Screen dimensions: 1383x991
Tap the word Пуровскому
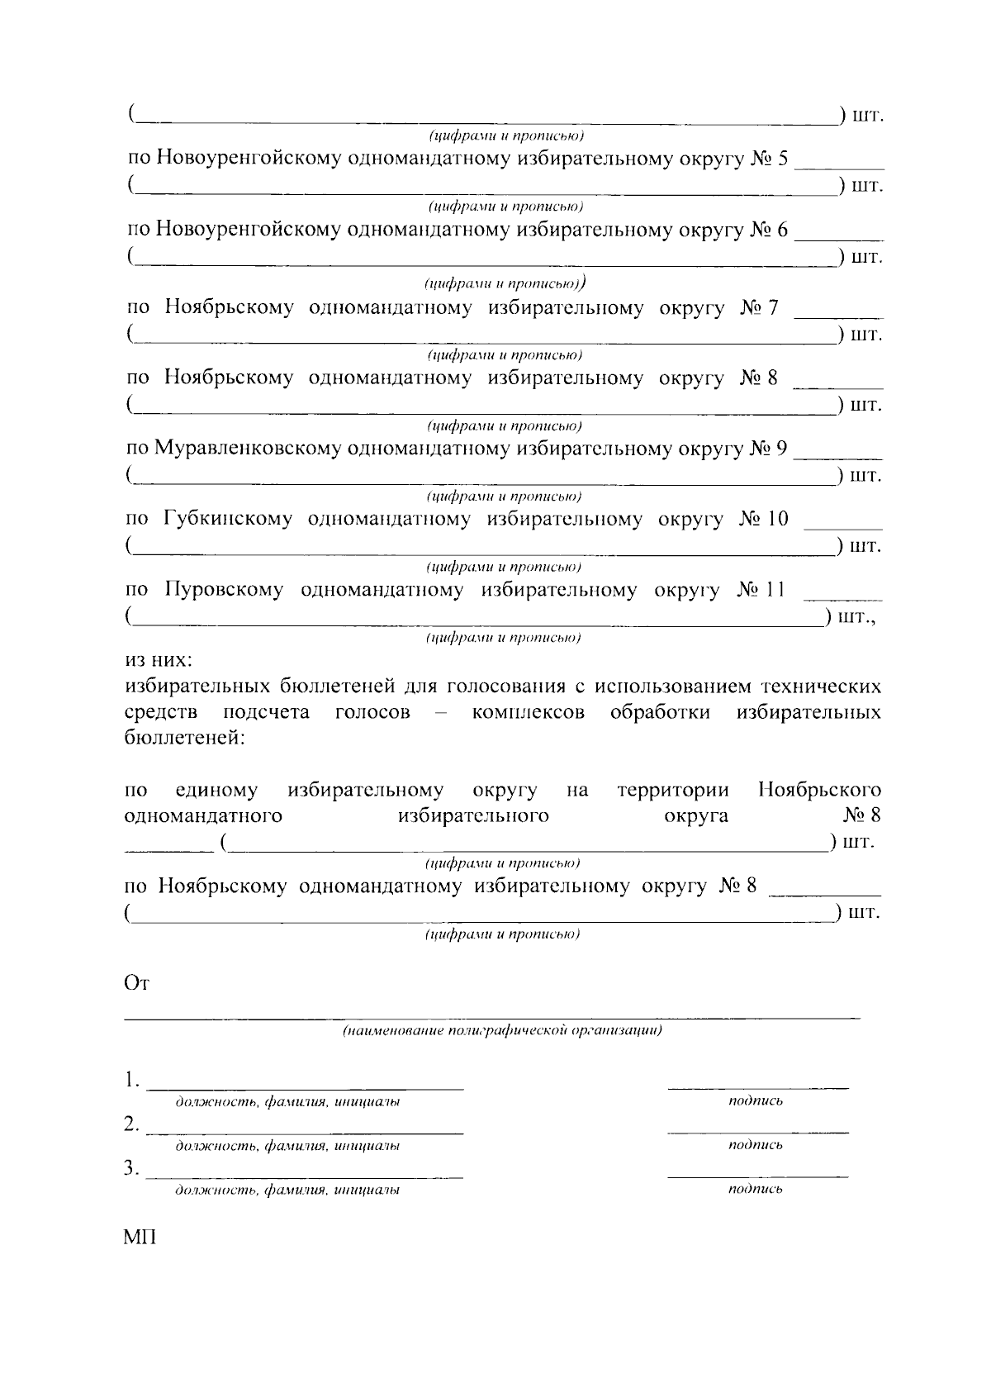pos(224,590)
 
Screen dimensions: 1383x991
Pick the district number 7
pos(772,308)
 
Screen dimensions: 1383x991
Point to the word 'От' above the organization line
pos(135,983)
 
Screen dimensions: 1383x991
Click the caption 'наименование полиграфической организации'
pos(502,1031)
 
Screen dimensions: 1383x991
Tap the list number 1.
pos(130,1081)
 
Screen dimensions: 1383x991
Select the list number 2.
pos(130,1124)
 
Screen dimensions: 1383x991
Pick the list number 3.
pos(130,1169)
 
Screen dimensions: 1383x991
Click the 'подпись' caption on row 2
pos(756,1145)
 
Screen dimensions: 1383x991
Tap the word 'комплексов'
pos(529,712)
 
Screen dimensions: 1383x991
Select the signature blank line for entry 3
pos(757,1175)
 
